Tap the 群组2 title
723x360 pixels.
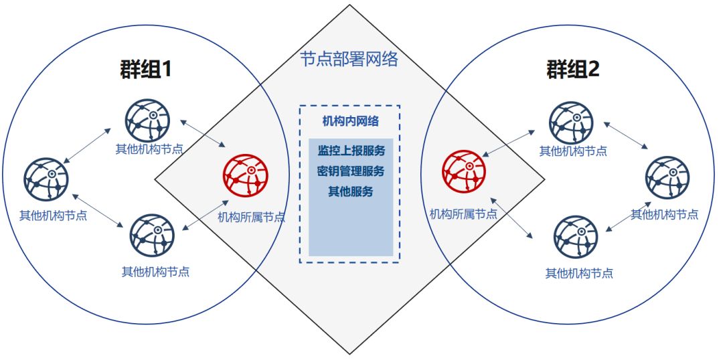[x=572, y=70]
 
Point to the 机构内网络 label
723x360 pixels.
[x=350, y=121]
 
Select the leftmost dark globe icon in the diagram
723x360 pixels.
[x=46, y=179]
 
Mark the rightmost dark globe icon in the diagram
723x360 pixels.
[x=667, y=177]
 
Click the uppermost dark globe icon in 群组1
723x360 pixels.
[x=147, y=120]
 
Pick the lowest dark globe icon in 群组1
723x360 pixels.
[x=152, y=236]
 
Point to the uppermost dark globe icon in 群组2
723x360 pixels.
[x=571, y=122]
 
